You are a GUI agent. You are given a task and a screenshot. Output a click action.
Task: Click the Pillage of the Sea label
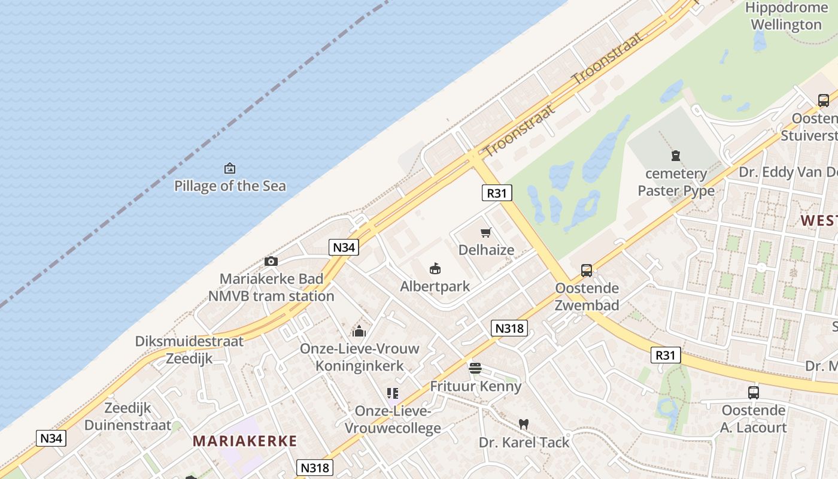pyautogui.click(x=230, y=186)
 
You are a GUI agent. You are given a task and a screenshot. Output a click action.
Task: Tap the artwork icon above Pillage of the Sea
pyautogui.click(x=230, y=168)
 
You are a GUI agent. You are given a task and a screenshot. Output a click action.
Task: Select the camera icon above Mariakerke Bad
pyautogui.click(x=271, y=261)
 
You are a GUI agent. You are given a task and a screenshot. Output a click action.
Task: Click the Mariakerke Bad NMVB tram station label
pyautogui.click(x=271, y=287)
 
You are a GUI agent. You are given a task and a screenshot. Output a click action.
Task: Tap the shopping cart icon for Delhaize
pyautogui.click(x=486, y=232)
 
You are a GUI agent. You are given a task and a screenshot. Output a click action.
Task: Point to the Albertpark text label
pyautogui.click(x=435, y=286)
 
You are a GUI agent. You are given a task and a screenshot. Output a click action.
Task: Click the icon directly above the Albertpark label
pyautogui.click(x=435, y=269)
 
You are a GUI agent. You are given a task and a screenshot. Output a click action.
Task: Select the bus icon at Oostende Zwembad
pyautogui.click(x=587, y=271)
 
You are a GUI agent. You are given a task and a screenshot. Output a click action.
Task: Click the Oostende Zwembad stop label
pyautogui.click(x=587, y=296)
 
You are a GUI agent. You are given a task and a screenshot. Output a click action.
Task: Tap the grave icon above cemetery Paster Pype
pyautogui.click(x=676, y=156)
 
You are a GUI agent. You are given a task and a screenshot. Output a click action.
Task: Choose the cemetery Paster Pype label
pyautogui.click(x=676, y=182)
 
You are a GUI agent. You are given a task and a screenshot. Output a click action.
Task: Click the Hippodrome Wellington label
pyautogui.click(x=786, y=16)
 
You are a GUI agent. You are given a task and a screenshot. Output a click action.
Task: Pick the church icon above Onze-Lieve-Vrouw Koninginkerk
pyautogui.click(x=359, y=331)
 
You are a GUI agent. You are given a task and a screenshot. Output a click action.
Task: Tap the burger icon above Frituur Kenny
pyautogui.click(x=475, y=368)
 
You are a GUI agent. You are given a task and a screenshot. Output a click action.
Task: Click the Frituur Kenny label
pyautogui.click(x=476, y=386)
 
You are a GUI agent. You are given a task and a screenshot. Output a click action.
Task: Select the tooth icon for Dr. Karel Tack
pyautogui.click(x=524, y=424)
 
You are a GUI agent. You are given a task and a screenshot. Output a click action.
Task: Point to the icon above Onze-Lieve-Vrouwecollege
pyautogui.click(x=393, y=393)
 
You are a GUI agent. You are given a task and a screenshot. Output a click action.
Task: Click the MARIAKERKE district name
pyautogui.click(x=245, y=441)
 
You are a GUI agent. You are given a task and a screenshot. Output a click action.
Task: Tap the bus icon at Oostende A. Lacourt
pyautogui.click(x=754, y=393)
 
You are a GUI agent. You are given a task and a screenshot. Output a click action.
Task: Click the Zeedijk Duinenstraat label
pyautogui.click(x=127, y=417)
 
